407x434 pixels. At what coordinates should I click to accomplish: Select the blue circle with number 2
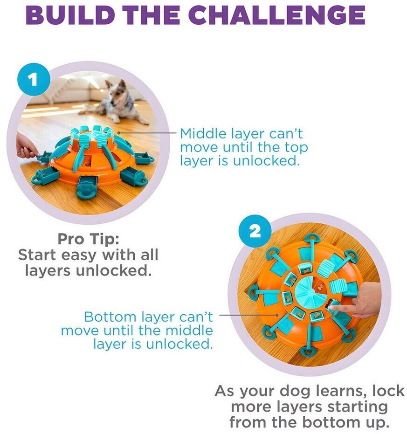pyautogui.click(x=255, y=231)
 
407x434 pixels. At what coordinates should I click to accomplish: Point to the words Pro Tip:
pyautogui.click(x=88, y=239)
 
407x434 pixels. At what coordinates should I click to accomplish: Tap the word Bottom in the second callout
pyautogui.click(x=110, y=317)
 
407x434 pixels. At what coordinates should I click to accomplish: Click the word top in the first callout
pyautogui.click(x=297, y=147)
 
